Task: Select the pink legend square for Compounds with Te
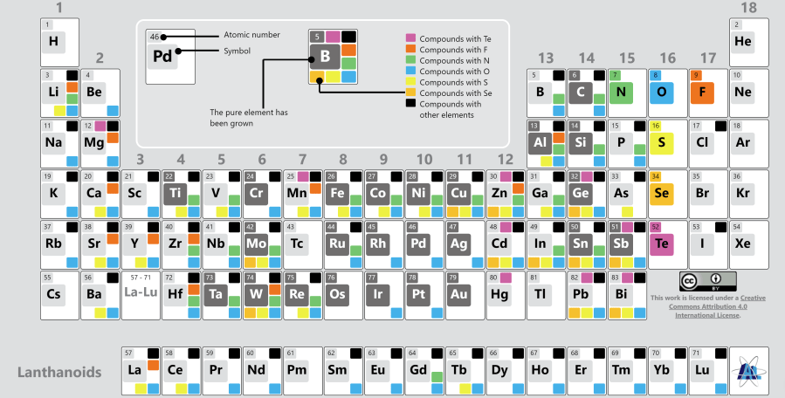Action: (x=410, y=39)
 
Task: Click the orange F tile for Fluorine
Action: (x=702, y=92)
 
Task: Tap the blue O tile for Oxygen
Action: (x=661, y=92)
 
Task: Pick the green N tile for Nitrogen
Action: (x=621, y=92)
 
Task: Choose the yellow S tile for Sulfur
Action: (x=661, y=142)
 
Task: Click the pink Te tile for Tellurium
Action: (x=661, y=244)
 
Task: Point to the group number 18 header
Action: (x=748, y=8)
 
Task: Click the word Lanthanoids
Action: (x=59, y=372)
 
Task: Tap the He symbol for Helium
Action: (x=743, y=41)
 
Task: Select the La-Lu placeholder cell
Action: (x=141, y=294)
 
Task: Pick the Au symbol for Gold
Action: (x=458, y=294)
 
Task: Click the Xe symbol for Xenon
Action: (x=743, y=244)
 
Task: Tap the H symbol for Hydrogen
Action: (x=53, y=41)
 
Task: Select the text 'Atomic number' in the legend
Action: (x=252, y=35)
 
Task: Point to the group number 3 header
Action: (x=140, y=160)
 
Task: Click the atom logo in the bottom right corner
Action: (x=747, y=370)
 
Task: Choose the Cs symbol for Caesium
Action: (x=53, y=294)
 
